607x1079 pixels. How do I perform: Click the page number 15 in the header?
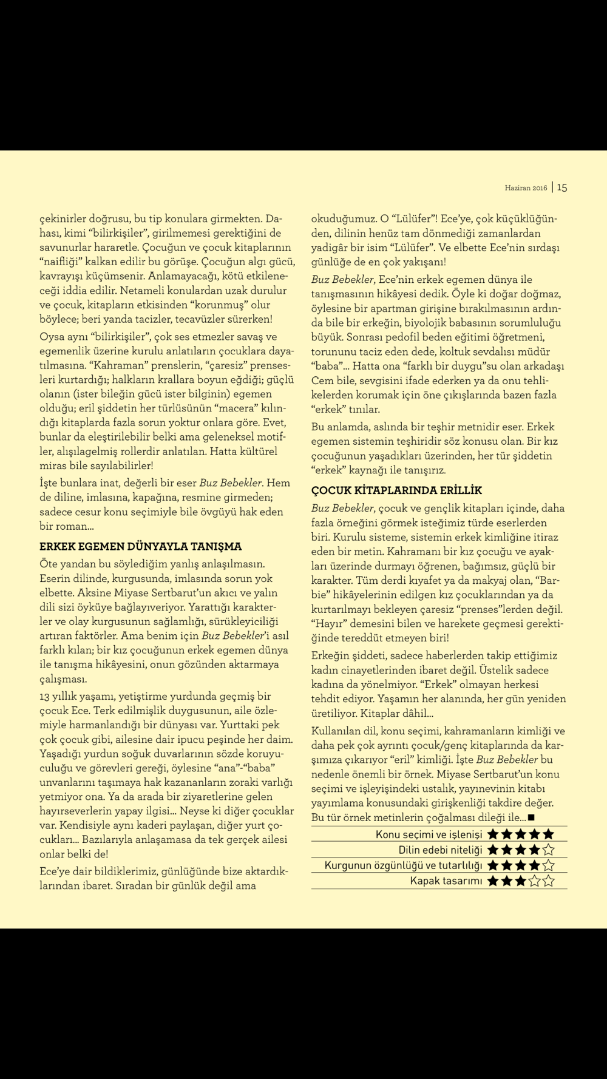562,188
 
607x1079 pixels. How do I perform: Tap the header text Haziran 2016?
526,188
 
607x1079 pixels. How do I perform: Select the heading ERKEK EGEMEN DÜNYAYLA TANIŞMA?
141,546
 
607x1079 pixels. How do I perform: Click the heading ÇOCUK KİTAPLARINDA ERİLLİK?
396,490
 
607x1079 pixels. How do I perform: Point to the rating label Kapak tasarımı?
446,881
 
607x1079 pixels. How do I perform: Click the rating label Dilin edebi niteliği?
440,850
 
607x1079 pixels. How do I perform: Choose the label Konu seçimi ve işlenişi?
429,834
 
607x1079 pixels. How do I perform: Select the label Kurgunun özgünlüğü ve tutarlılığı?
403,865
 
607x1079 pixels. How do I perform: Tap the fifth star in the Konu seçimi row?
548,834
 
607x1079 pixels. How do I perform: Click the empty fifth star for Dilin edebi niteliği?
548,850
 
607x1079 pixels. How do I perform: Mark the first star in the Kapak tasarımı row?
493,881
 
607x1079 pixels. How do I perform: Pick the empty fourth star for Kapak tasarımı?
535,881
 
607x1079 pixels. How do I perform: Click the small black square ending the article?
531,818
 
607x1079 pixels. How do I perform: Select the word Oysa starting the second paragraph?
52,337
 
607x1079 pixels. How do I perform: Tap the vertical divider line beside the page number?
552,188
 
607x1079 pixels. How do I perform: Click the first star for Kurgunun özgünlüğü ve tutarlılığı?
493,865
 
